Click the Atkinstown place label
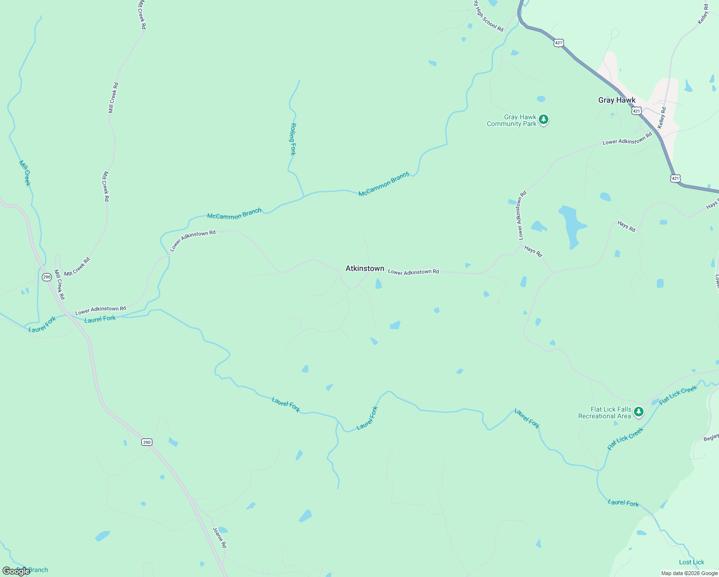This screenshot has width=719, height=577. tap(365, 268)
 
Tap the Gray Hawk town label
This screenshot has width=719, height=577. tap(617, 100)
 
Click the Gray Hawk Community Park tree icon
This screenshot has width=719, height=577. tap(544, 119)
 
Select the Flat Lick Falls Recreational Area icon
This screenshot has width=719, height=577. tap(638, 412)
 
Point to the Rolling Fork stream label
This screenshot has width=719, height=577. tap(293, 139)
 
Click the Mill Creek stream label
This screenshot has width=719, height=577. tap(25, 173)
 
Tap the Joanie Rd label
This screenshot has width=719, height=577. tap(219, 538)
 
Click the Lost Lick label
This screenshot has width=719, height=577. tap(692, 562)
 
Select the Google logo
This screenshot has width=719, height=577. tap(16, 571)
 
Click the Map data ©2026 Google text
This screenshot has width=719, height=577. tap(689, 573)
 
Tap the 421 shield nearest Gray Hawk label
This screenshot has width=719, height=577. tap(636, 111)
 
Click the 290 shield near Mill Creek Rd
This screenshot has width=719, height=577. tap(47, 277)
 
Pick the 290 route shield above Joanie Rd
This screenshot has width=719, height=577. tap(147, 442)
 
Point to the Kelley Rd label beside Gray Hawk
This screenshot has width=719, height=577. tap(662, 117)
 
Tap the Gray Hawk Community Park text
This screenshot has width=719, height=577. tap(511, 120)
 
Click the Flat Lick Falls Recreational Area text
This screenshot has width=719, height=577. tap(605, 413)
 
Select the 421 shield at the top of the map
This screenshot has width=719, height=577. tap(558, 43)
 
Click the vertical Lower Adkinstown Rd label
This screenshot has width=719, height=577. tap(521, 215)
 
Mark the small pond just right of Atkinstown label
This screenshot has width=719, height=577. tap(378, 284)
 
